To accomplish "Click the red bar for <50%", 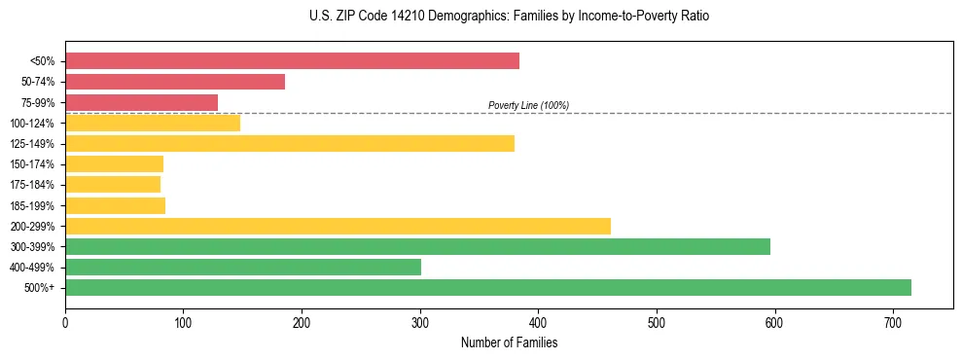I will [292, 61].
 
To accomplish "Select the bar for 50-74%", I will [175, 82].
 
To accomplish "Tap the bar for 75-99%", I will [141, 102].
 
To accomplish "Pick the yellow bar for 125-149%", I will [290, 144].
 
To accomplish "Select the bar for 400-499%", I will [243, 268].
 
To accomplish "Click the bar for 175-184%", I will [113, 185].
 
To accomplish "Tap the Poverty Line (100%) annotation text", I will [528, 105].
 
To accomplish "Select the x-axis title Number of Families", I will [509, 343].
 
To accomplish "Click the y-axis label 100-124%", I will [32, 124].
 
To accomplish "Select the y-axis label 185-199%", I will [32, 206].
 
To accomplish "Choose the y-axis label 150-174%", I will [32, 164].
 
